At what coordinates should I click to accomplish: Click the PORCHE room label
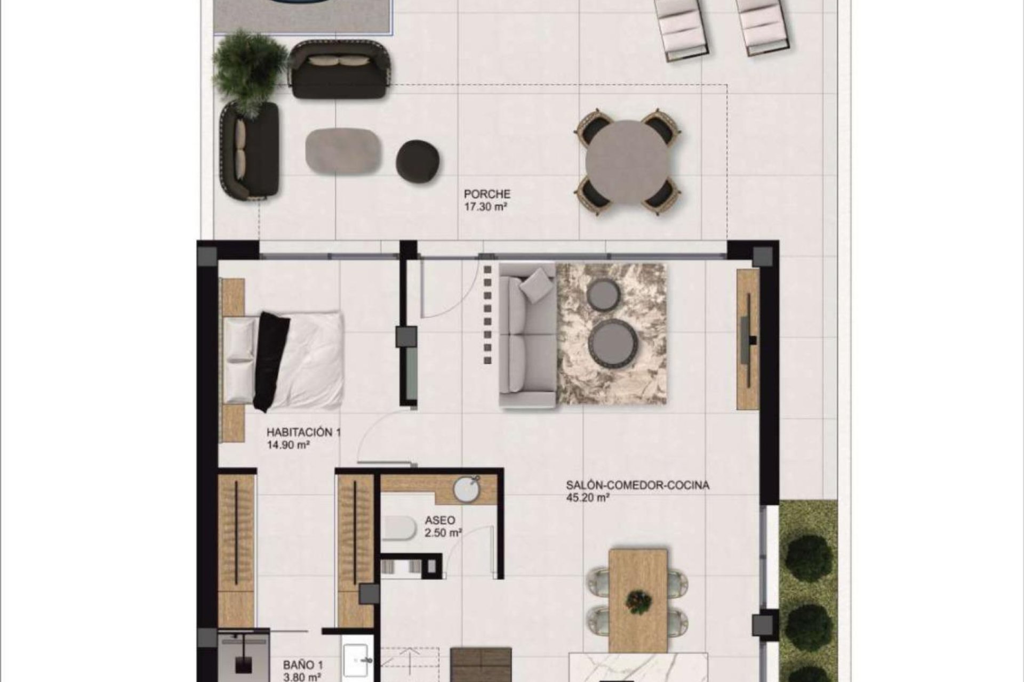tap(486, 194)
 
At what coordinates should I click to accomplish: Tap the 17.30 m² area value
tap(485, 207)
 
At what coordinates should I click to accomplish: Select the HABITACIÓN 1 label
tap(303, 433)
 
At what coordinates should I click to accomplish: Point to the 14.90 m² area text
tap(289, 445)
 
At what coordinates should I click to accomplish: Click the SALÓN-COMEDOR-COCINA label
tap(637, 485)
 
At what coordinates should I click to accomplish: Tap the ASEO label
tap(440, 521)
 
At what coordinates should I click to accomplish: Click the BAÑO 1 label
tap(302, 665)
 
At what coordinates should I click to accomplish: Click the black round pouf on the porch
tap(418, 161)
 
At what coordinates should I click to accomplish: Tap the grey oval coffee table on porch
tap(343, 151)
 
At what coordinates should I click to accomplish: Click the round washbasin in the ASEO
tap(468, 489)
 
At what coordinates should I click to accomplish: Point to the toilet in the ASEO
tap(399, 528)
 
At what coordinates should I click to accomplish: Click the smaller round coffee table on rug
tap(603, 293)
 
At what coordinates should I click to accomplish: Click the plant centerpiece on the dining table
tap(639, 601)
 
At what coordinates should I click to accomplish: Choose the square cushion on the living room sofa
tap(537, 285)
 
